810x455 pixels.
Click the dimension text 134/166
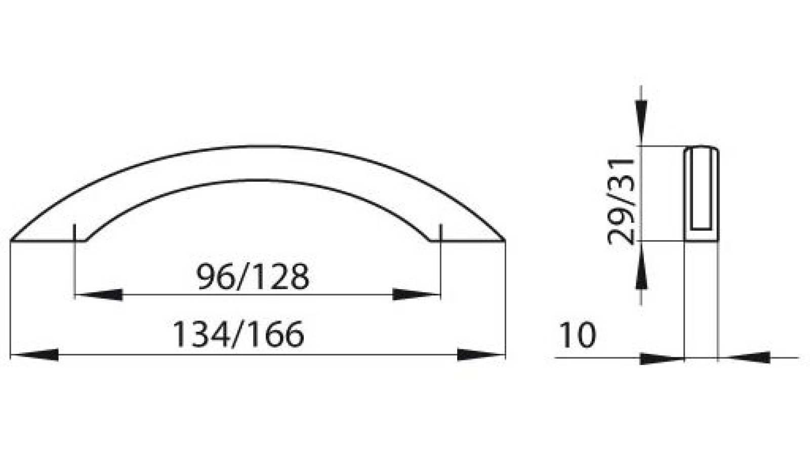[238, 334]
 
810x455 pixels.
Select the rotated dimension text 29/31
[621, 202]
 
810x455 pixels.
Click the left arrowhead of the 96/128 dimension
[98, 295]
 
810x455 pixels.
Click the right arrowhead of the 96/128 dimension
[417, 295]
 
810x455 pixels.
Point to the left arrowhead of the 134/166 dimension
[34, 354]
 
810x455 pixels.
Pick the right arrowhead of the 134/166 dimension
[481, 354]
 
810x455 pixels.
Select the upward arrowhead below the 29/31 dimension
[641, 265]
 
